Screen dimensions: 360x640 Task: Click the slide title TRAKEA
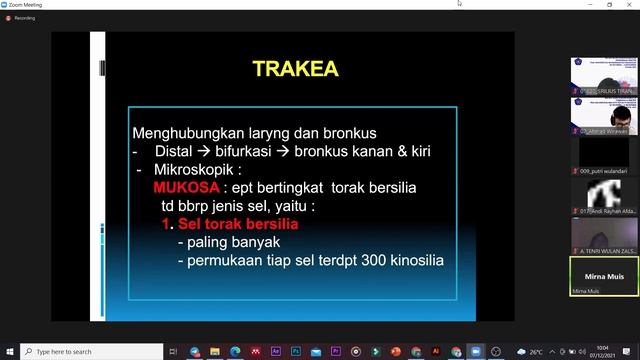click(295, 69)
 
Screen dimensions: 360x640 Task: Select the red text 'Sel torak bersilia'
click(238, 225)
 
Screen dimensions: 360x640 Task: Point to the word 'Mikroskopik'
click(203, 170)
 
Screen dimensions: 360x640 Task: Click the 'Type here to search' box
click(90, 351)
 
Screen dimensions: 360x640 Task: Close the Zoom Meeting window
click(628, 4)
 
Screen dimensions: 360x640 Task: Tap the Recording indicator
click(22, 17)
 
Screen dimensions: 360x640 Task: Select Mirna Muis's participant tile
click(604, 275)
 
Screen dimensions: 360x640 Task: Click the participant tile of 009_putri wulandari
click(604, 155)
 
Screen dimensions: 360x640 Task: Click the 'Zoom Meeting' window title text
click(27, 4)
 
